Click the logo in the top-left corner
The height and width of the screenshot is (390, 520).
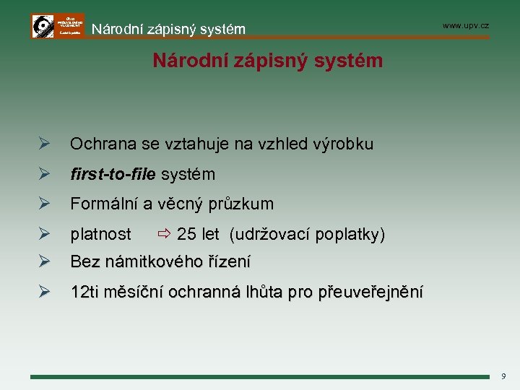(x=57, y=25)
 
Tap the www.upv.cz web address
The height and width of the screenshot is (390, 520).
(x=465, y=25)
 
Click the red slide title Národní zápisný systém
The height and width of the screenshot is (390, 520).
(x=267, y=61)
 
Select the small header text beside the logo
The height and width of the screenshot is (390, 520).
(x=168, y=30)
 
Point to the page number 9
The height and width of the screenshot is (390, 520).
(x=503, y=376)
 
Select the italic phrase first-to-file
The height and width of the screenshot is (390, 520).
(x=113, y=175)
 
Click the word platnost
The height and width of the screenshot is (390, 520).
(x=100, y=235)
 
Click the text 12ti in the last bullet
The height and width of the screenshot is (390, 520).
(x=85, y=292)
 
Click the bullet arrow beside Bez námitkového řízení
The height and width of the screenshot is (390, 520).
(x=43, y=261)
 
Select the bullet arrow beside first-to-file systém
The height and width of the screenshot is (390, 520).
(x=43, y=175)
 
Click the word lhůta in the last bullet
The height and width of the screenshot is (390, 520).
(x=265, y=292)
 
